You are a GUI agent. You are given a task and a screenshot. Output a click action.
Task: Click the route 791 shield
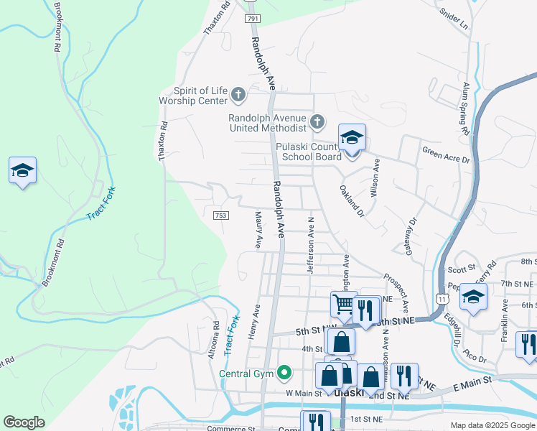point(251,19)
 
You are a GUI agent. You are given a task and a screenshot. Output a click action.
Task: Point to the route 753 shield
point(220,214)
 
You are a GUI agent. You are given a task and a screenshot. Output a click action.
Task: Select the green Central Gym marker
point(284,372)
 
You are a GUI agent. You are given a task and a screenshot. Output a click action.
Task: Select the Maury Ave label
point(258,229)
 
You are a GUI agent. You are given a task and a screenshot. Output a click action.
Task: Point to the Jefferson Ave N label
point(311,245)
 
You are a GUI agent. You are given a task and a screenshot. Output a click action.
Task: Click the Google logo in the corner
point(24,422)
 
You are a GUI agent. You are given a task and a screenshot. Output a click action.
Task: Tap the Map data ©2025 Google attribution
point(492,425)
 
